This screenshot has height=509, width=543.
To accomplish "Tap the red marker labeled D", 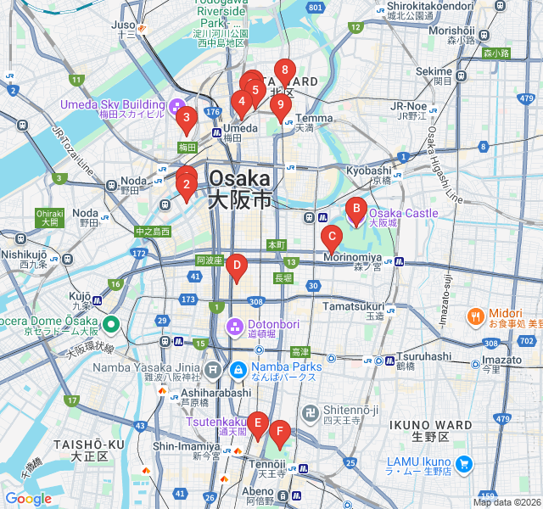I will (x=237, y=266).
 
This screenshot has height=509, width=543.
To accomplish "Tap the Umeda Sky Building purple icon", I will (x=177, y=106).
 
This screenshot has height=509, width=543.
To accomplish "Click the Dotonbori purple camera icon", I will (x=235, y=326).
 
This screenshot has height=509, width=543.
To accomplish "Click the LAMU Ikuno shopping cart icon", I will (x=462, y=463).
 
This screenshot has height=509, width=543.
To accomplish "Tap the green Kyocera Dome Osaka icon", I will (x=110, y=324).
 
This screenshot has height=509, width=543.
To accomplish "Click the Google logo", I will (x=28, y=499).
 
